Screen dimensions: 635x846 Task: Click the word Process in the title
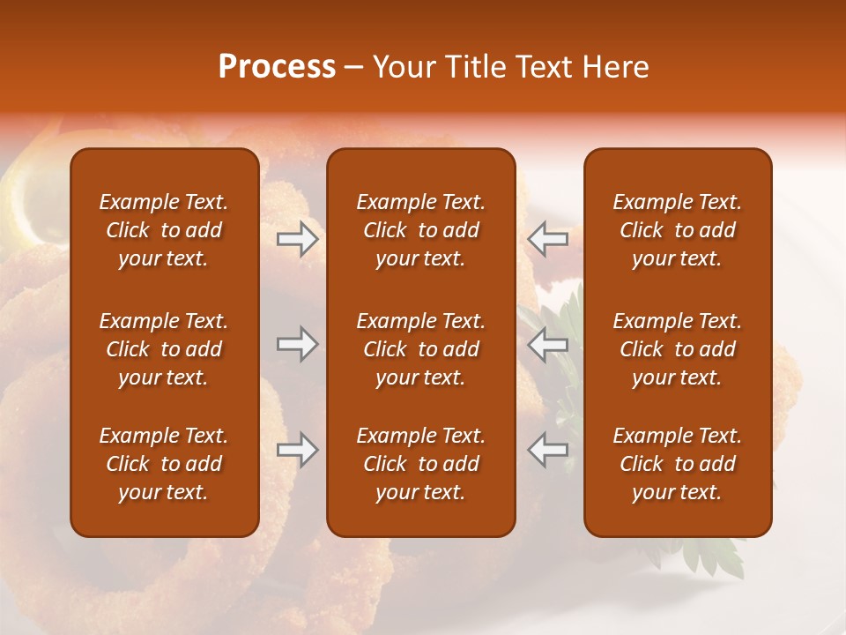click(x=277, y=66)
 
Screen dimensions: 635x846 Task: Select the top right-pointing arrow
click(x=297, y=239)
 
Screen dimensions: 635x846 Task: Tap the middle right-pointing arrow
click(x=297, y=344)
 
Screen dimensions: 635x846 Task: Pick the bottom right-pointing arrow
click(x=297, y=451)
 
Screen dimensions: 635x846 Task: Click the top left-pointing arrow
click(x=547, y=239)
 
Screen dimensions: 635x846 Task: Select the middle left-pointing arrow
click(x=547, y=344)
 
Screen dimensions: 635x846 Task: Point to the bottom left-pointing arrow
click(x=547, y=451)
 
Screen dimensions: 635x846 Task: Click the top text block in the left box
click(x=164, y=230)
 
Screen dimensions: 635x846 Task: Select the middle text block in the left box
click(x=164, y=349)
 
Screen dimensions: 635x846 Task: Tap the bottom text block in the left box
click(x=164, y=464)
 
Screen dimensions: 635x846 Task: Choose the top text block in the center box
click(x=421, y=230)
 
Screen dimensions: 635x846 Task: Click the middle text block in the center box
click(x=421, y=349)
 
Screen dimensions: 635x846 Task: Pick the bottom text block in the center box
click(x=421, y=464)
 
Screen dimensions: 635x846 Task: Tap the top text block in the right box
click(x=678, y=230)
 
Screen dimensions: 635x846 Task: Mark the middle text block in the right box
click(x=678, y=349)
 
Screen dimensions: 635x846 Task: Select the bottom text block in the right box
click(x=678, y=464)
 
